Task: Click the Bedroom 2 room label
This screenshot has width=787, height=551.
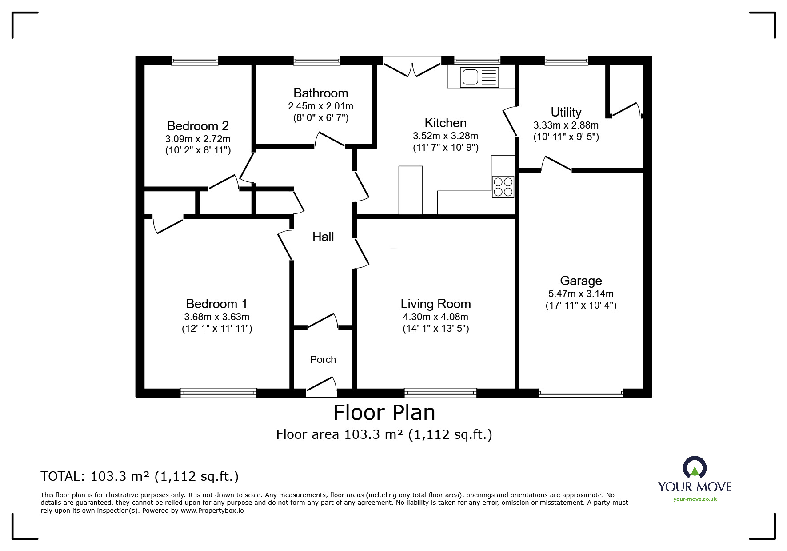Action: coord(198,126)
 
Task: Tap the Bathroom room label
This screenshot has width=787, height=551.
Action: coord(320,93)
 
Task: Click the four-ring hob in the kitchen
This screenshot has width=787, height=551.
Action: coord(503,187)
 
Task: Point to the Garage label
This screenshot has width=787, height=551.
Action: coord(581,281)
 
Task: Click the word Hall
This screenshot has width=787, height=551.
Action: coord(323,237)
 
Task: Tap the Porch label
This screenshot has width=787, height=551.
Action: coord(323,359)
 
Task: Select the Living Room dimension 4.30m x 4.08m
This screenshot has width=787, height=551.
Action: coord(435,317)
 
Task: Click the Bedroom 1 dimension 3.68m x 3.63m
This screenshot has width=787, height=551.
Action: coord(217,317)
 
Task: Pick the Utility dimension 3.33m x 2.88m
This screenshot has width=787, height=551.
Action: coord(566,125)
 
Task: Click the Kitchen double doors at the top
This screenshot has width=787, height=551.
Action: coord(412,67)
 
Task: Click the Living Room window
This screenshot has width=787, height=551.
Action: coord(440,393)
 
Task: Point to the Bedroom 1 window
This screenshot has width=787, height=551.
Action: coord(219,393)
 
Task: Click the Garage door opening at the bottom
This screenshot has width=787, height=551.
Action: coord(581,393)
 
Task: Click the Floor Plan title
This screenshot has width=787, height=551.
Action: coord(384,412)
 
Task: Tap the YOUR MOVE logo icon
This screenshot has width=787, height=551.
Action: coord(695,469)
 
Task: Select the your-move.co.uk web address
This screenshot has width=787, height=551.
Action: coord(695,499)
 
